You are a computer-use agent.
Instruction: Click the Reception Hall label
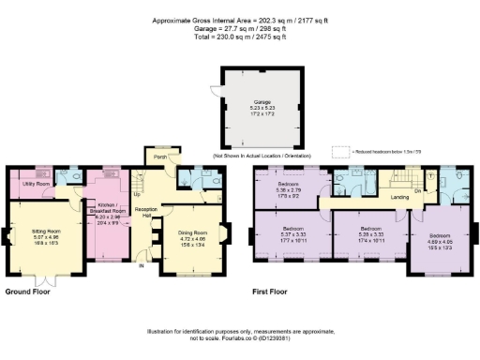143,212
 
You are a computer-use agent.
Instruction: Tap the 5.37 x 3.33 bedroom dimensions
290,234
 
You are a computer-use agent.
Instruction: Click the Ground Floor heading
27,292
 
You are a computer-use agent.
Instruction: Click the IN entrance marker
142,266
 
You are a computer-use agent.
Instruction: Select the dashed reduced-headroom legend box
339,150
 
